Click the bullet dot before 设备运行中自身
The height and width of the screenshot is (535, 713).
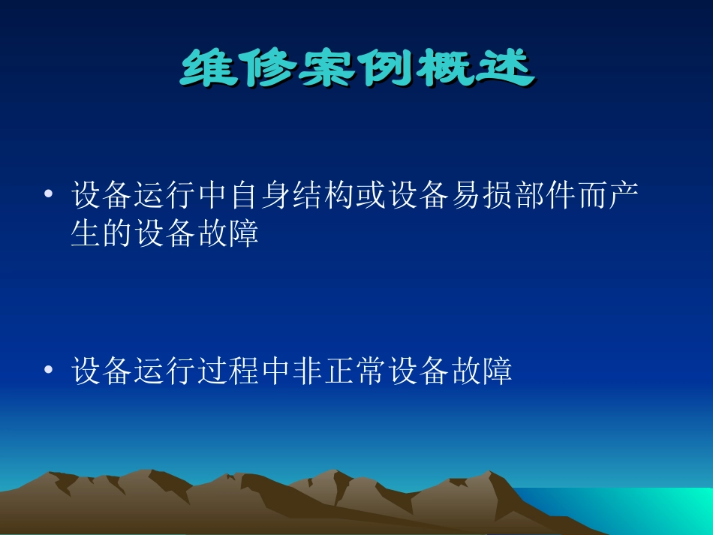49,197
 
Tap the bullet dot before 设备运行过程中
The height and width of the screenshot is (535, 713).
49,371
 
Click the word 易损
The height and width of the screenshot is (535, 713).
470,197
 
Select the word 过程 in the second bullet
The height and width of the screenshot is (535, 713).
231,371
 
